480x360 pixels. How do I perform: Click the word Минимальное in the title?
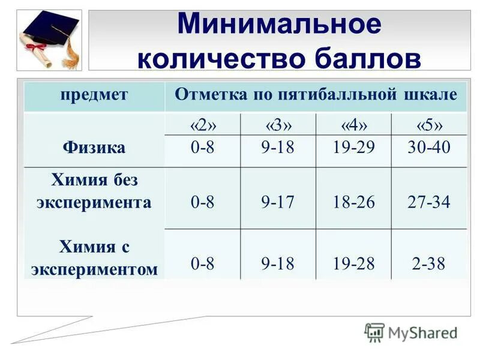tap(279, 25)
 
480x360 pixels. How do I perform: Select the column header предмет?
tap(94, 95)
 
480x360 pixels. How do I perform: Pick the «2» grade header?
tap(203, 125)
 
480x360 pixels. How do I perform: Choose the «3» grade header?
tap(278, 125)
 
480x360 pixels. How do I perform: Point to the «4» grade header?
tap(353, 125)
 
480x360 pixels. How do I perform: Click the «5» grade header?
tap(429, 125)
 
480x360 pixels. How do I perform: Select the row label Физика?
tap(94, 148)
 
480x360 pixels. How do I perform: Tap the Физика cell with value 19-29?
tap(353, 148)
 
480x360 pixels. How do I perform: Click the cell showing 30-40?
tap(428, 148)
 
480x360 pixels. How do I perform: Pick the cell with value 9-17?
tap(278, 202)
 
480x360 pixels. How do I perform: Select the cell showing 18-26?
tap(353, 202)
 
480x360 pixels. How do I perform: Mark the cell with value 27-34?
tap(428, 202)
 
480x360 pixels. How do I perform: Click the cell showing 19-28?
tap(353, 264)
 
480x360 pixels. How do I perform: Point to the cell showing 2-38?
tap(428, 264)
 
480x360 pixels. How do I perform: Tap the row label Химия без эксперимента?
tap(94, 191)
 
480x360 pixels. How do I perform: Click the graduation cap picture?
tap(49, 40)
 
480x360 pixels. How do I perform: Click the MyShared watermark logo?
tap(411, 332)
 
